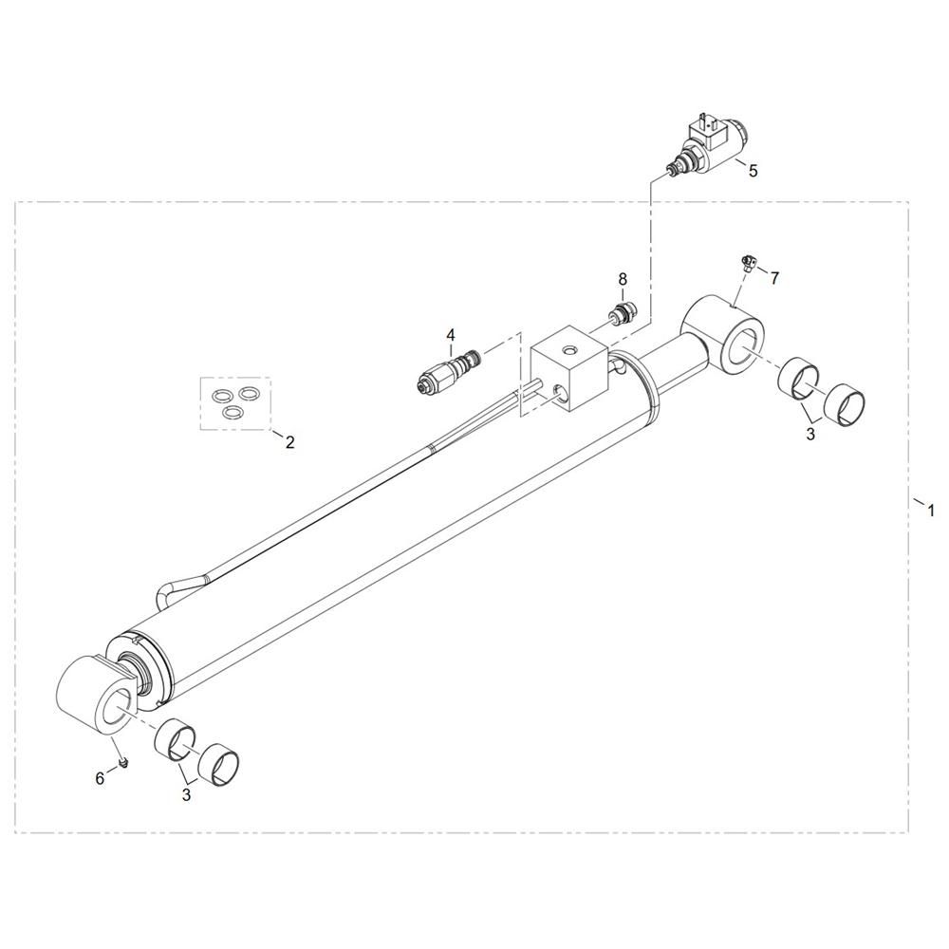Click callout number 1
[931, 511]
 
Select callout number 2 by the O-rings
[289, 442]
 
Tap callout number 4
[450, 335]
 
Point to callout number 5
[753, 171]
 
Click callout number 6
[100, 778]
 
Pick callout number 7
[774, 278]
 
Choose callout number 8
[623, 279]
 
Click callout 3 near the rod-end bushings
[810, 434]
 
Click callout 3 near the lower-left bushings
[186, 794]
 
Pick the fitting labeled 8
[622, 313]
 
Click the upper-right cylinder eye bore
[743, 346]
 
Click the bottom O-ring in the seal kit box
[232, 412]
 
